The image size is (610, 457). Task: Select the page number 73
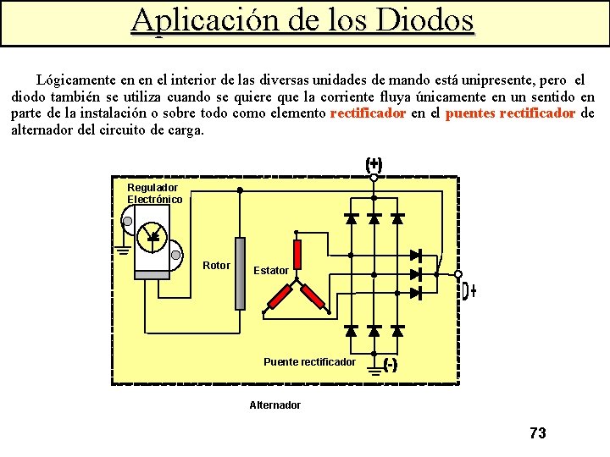point(537,433)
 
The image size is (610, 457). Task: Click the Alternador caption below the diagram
point(274,405)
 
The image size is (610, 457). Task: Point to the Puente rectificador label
point(309,361)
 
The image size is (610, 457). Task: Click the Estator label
point(271,271)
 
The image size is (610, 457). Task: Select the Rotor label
point(216,266)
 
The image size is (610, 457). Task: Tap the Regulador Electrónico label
point(154,193)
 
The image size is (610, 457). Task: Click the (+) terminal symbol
point(374,166)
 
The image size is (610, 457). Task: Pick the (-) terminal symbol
point(391,366)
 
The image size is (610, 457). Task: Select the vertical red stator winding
point(297,253)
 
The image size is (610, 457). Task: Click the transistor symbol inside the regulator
point(154,234)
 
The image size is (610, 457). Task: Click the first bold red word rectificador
point(368,113)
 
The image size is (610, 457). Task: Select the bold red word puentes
point(470,113)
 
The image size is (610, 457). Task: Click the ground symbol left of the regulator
point(123,247)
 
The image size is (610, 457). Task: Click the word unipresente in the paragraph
point(469,80)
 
